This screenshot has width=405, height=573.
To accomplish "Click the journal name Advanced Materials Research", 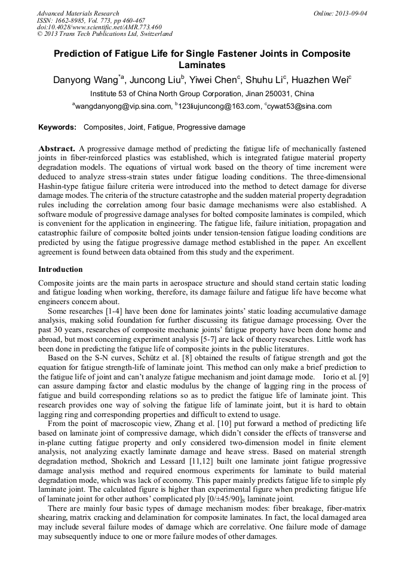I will tap(78, 13).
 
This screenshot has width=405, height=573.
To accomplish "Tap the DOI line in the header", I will tap(99, 27).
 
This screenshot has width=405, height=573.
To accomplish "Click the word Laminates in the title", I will tap(202, 65).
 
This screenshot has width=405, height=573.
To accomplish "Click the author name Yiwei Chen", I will tap(213, 81).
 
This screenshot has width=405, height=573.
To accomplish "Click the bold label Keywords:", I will tap(57, 127).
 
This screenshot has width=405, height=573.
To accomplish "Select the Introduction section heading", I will tap(60, 269).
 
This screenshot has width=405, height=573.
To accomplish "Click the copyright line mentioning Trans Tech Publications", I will tap(105, 34).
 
